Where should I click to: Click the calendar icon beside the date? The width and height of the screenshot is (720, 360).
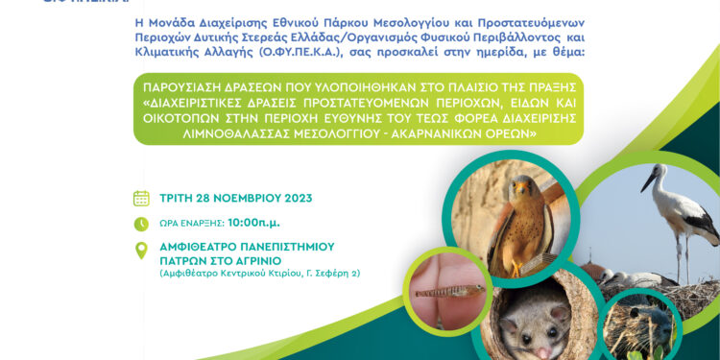(x=141, y=198)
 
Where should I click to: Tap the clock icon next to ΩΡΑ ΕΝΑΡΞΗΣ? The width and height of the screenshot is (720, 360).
(x=141, y=224)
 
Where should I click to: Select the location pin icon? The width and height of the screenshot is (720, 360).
(x=141, y=251)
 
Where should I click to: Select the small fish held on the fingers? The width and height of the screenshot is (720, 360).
(x=447, y=290)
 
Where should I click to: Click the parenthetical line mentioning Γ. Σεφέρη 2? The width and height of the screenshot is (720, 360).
(x=260, y=274)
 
